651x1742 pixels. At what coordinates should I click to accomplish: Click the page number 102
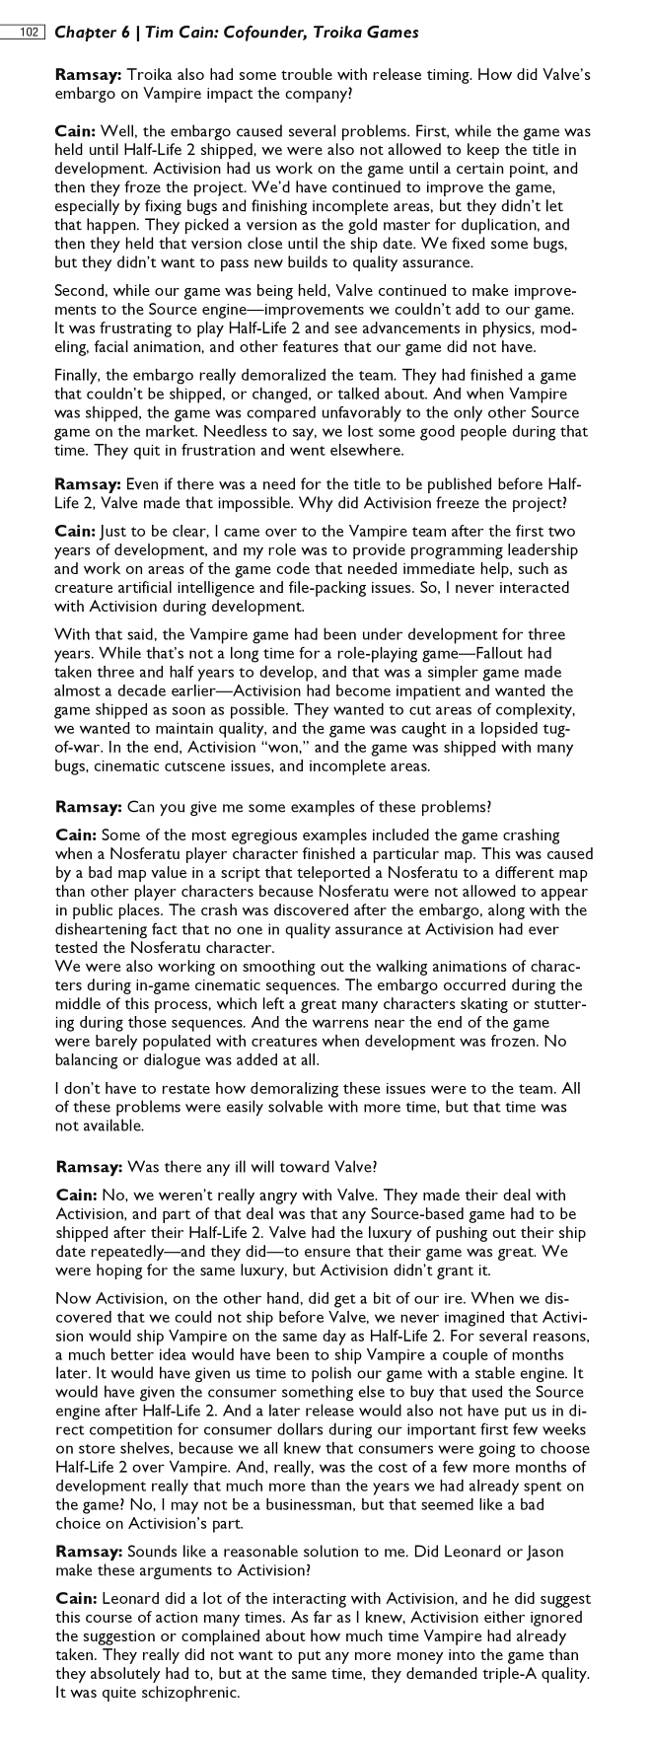point(28,33)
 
